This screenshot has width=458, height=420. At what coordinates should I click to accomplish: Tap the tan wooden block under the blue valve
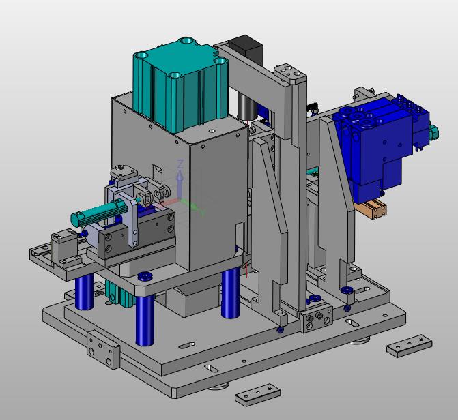(x=371, y=208)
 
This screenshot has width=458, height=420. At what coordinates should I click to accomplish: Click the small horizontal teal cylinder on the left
(x=98, y=212)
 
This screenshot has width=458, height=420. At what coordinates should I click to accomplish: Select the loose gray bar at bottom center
(x=257, y=394)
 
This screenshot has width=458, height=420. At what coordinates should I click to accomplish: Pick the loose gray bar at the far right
(x=410, y=346)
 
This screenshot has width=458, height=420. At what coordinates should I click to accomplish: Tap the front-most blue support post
(x=145, y=320)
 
